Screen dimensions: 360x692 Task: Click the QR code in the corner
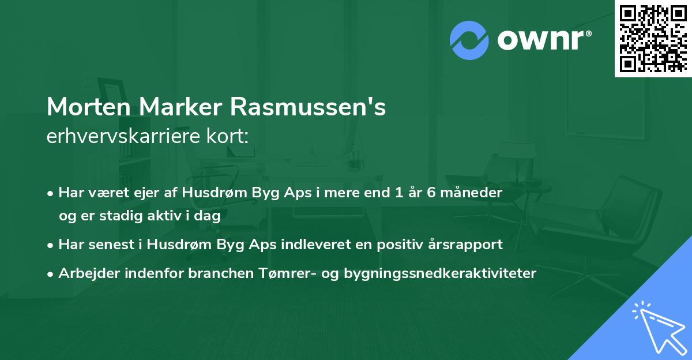(x=653, y=38)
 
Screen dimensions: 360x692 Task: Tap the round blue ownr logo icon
(x=469, y=40)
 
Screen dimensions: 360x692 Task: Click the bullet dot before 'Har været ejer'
(x=51, y=193)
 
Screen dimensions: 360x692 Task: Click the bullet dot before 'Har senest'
(x=51, y=245)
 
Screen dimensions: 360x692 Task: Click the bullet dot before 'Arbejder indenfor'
(x=51, y=273)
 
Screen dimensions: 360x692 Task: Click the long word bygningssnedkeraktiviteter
(x=439, y=273)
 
